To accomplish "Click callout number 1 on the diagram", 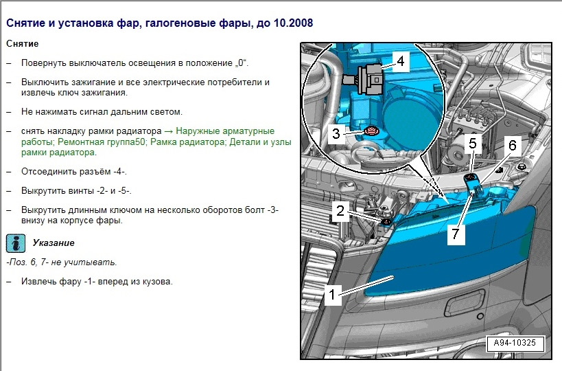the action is tap(332, 295).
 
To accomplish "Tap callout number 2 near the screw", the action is tap(340, 211).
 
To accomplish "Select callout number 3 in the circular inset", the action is tap(336, 133).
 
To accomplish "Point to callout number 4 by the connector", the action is tap(400, 61).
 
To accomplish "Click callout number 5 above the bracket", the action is tap(473, 144).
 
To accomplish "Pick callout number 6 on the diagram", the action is tap(513, 146).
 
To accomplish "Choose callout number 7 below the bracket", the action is tap(456, 234).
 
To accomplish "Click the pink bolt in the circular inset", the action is tap(370, 131).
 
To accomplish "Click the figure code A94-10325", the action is tap(515, 343).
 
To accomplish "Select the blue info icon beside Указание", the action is tap(15, 243).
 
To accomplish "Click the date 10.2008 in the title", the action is tap(293, 23).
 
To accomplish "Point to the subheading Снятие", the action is tap(22, 44).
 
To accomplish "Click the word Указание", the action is tap(54, 243).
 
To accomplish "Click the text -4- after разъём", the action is tap(120, 172).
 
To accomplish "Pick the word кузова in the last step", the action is tap(158, 282).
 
